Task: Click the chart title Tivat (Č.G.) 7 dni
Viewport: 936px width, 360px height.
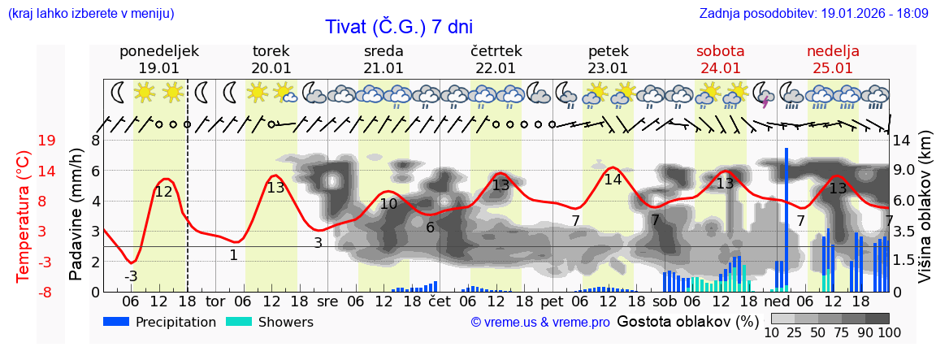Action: click(398, 27)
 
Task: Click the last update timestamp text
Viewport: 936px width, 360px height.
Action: click(813, 14)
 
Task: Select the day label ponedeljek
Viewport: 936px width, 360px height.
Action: click(158, 51)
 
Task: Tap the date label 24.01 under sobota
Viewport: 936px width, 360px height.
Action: click(720, 68)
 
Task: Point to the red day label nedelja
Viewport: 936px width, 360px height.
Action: click(833, 51)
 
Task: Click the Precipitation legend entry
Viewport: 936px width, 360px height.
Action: click(160, 322)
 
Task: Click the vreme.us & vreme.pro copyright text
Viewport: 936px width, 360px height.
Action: click(540, 322)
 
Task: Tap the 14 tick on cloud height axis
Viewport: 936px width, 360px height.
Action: click(901, 141)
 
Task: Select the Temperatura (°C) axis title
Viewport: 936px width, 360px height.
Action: click(23, 216)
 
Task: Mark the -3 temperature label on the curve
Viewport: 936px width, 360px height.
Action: click(131, 276)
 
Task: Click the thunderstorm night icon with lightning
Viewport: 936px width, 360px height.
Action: click(764, 94)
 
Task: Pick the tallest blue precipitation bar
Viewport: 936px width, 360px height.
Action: click(786, 219)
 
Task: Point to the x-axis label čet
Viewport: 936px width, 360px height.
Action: click(440, 301)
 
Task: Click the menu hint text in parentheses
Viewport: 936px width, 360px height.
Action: click(91, 14)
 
